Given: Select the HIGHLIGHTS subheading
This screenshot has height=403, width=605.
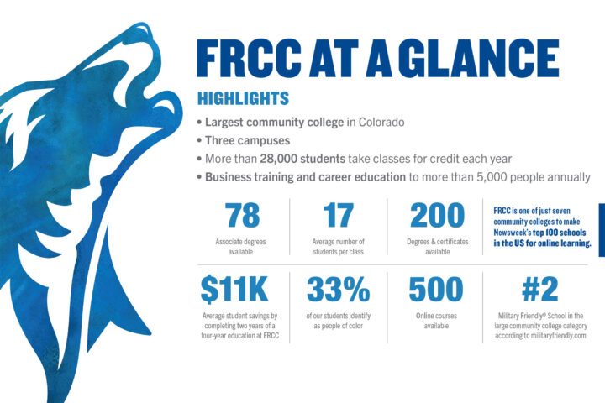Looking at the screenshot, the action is point(243,98).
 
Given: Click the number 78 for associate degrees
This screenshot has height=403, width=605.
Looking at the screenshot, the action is point(242,215).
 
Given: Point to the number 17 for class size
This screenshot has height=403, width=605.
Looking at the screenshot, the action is point(339,215).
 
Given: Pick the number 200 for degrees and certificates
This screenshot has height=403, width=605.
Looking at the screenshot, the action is point(437,215).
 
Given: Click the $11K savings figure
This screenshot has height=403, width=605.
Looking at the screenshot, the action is point(234,289).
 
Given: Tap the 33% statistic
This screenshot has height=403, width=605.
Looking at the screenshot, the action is point(339,289).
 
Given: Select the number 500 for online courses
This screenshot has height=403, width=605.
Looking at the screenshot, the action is point(436,289).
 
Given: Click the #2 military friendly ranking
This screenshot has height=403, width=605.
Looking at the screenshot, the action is point(539,289).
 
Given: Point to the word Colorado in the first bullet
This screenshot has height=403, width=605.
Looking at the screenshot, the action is point(381,123).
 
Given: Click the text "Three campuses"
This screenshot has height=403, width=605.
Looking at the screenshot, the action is point(247,140).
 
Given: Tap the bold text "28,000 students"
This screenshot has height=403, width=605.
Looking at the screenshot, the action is point(302,159).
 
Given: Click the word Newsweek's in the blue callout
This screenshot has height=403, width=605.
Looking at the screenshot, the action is point(512,233).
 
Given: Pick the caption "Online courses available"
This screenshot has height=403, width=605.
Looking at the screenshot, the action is point(436,321).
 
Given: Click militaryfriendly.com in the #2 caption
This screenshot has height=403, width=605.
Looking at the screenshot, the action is point(558,336).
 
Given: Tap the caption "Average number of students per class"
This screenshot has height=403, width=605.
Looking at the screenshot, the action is point(339,247).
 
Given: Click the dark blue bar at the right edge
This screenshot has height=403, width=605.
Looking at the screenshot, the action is point(602,230).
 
